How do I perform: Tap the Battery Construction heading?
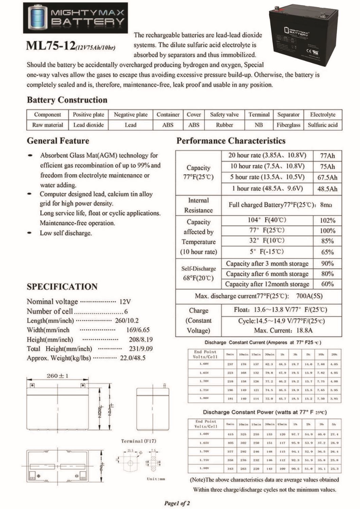(67, 100)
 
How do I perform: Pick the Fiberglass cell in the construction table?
(288, 125)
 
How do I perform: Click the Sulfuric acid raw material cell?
(323, 125)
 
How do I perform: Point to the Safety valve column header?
(224, 115)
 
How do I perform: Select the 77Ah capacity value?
(327, 156)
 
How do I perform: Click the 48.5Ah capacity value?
(327, 189)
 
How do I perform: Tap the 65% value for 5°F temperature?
(327, 252)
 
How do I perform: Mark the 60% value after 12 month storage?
(327, 284)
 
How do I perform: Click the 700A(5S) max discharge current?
(309, 296)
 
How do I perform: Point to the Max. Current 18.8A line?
(283, 331)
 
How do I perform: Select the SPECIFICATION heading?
(62, 287)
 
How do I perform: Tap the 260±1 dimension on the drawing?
(57, 376)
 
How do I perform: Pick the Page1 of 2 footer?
(177, 503)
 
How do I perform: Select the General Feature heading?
(58, 141)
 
